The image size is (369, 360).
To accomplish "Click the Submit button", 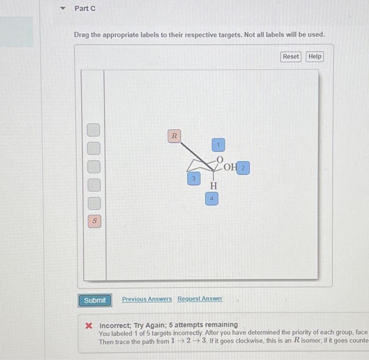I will click(x=95, y=300).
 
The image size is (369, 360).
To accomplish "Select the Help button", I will click(x=315, y=56).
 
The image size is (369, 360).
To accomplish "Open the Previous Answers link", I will click(x=147, y=299).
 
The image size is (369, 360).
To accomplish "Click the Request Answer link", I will click(x=200, y=299).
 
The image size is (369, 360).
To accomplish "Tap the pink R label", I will click(x=174, y=136).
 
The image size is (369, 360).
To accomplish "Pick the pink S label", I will click(x=94, y=221).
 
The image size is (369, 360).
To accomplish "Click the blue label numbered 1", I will click(x=218, y=144).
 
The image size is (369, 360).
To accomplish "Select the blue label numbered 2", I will click(x=242, y=168).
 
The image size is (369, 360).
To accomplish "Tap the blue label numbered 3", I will click(x=193, y=179).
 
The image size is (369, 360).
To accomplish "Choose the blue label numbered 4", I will click(x=211, y=199).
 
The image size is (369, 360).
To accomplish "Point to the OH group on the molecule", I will click(x=230, y=168).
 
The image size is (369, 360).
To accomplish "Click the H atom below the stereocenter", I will click(x=213, y=186).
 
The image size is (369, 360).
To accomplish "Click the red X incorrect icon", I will click(x=90, y=325).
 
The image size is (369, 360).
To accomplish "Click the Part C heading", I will click(x=85, y=8).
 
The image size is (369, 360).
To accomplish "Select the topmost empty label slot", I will click(x=93, y=130).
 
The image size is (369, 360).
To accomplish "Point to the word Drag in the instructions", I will click(x=82, y=35).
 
